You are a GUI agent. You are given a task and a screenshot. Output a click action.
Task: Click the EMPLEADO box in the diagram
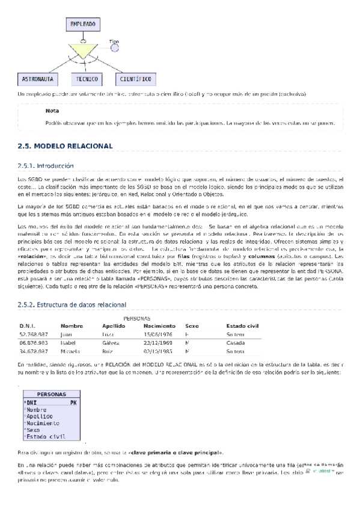coord(82,24)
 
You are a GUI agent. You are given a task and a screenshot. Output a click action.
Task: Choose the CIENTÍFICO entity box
coord(134,79)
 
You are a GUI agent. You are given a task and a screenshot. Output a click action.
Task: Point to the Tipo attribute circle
coord(115,48)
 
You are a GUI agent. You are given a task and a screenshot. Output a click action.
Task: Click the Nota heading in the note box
coord(52,111)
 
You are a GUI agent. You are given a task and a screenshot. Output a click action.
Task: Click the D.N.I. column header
coord(28,325)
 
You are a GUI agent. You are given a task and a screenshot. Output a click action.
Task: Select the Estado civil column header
coord(242,325)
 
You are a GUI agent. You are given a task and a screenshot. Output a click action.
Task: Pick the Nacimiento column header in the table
coord(160,325)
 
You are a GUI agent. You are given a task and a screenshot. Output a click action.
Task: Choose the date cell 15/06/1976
coord(157,334)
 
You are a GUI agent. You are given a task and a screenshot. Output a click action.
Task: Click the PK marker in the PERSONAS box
coord(73,402)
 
